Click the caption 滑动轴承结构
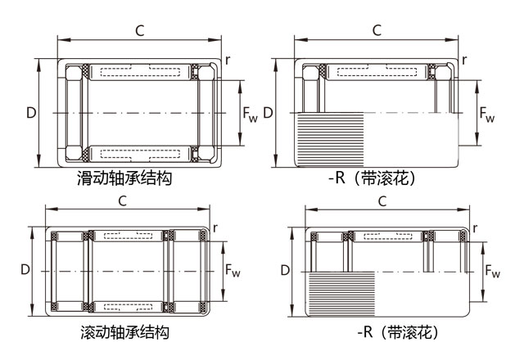pyautogui.click(x=124, y=178)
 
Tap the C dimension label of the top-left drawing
pyautogui.click(x=140, y=31)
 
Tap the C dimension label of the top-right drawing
pyautogui.click(x=377, y=30)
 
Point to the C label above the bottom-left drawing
pyautogui.click(x=122, y=200)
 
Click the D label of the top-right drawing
pyautogui.click(x=268, y=112)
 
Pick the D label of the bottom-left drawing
pyautogui.click(x=25, y=269)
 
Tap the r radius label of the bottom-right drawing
pyautogui.click(x=473, y=228)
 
